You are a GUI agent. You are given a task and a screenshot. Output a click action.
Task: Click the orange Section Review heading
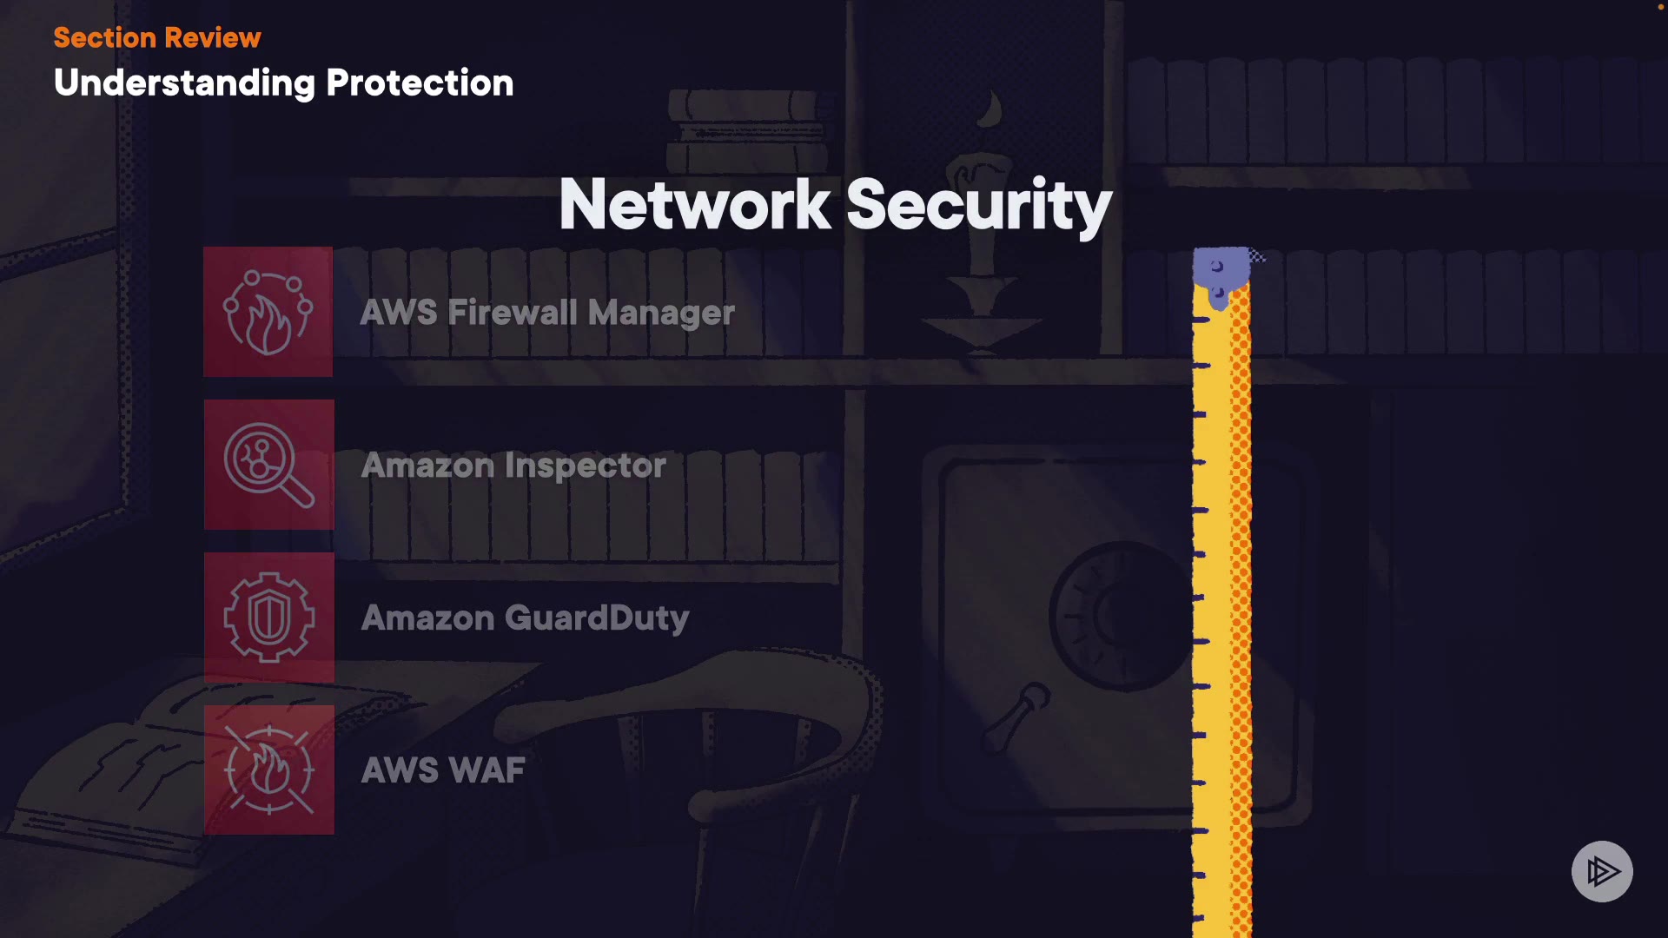coord(157,37)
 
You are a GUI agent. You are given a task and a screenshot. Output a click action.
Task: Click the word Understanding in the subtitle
coord(184,83)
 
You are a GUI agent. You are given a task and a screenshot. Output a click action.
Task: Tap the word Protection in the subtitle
coord(420,83)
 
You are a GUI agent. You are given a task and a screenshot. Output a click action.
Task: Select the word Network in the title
coord(695,204)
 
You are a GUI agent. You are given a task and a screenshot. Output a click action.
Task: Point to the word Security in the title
coord(979,206)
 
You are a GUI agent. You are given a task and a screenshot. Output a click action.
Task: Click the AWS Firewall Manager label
coord(547,313)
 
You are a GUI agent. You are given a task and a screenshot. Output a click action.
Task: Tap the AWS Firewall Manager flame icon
coord(268,312)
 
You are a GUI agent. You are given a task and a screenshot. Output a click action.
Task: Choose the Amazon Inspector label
coord(513,466)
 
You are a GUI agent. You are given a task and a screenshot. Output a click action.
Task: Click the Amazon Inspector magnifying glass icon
coord(269,465)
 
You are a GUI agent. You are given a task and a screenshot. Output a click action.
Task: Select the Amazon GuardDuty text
coord(525,618)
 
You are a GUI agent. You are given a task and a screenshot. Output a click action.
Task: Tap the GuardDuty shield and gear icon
coord(269,618)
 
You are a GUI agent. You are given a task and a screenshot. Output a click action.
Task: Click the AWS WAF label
coord(443,770)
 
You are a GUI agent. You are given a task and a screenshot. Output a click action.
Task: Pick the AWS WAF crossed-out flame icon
coord(269,770)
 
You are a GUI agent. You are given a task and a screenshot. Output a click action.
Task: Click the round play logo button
coord(1602,871)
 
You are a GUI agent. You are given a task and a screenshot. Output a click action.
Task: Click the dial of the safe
coord(1121,616)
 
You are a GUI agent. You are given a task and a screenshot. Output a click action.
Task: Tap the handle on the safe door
coord(1016,717)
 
